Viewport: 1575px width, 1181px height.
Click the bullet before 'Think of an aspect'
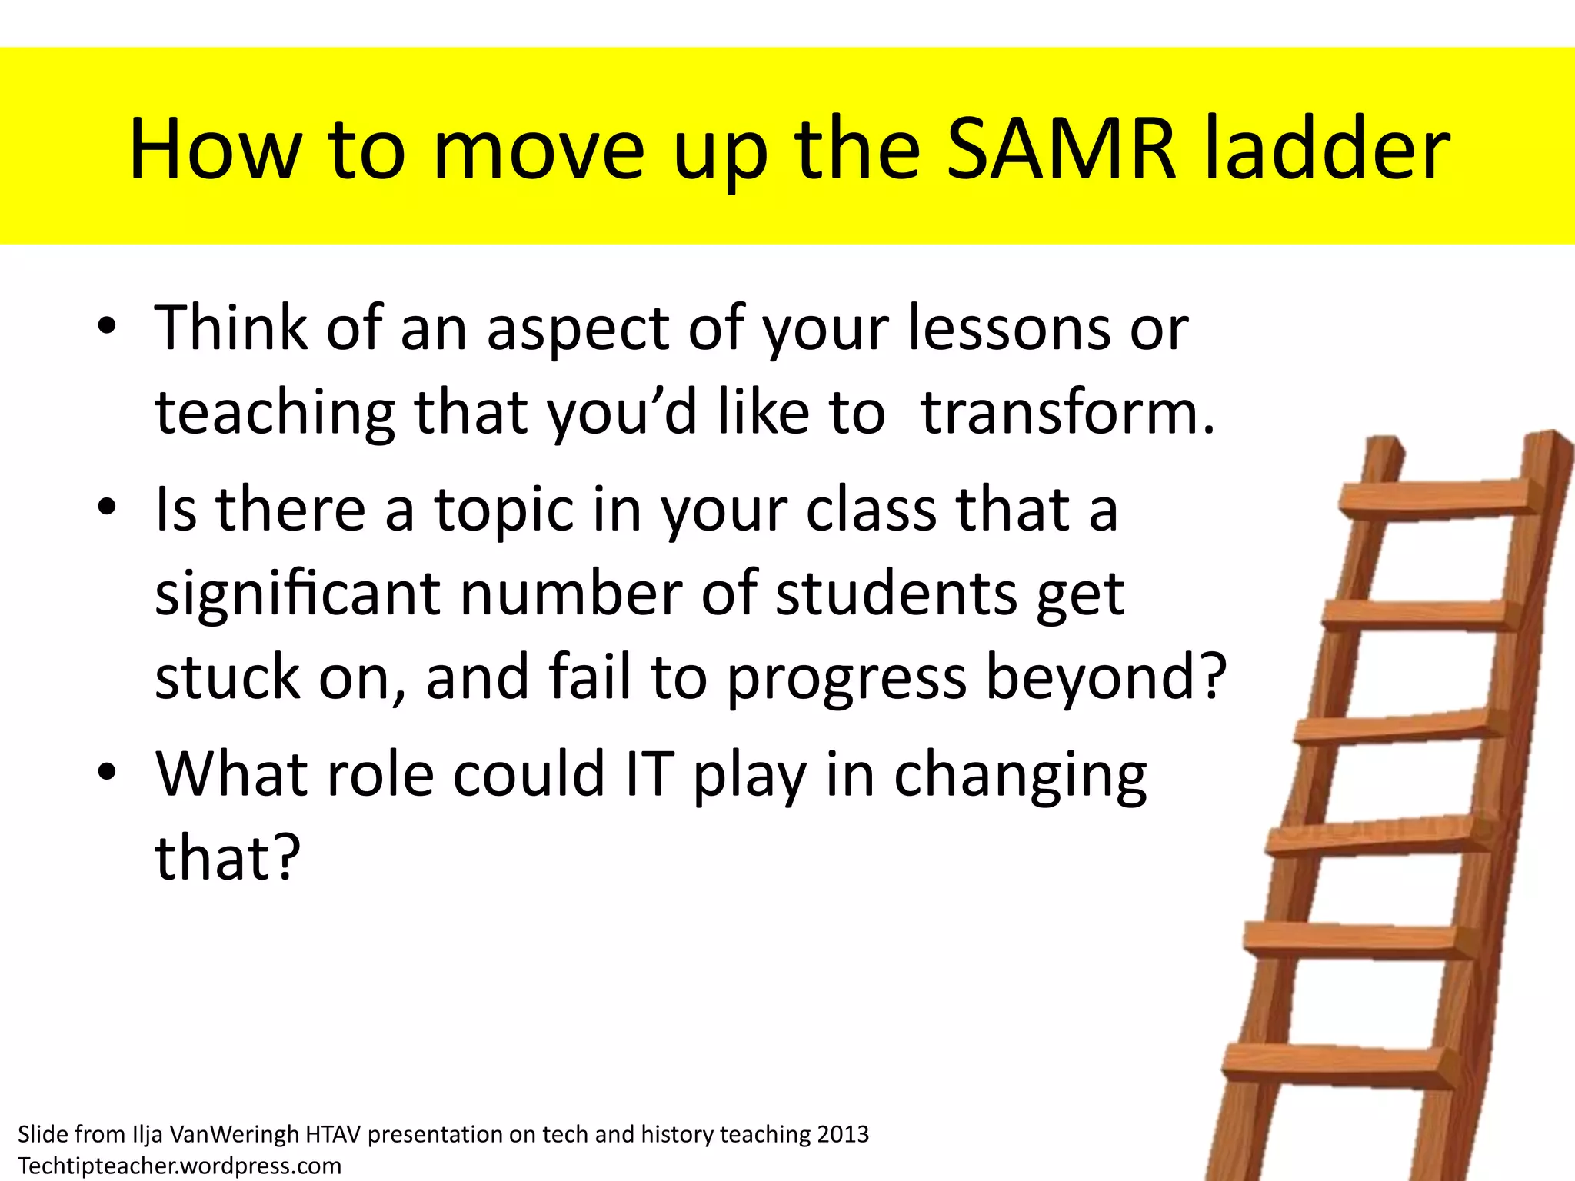click(107, 326)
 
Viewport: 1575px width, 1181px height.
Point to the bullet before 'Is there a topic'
click(107, 507)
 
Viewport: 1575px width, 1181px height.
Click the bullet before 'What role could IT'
click(107, 772)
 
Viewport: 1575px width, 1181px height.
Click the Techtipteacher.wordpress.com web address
click(179, 1166)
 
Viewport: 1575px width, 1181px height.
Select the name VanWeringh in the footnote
click(234, 1134)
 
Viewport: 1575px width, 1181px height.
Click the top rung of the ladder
click(1437, 497)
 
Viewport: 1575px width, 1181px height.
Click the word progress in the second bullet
click(847, 678)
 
